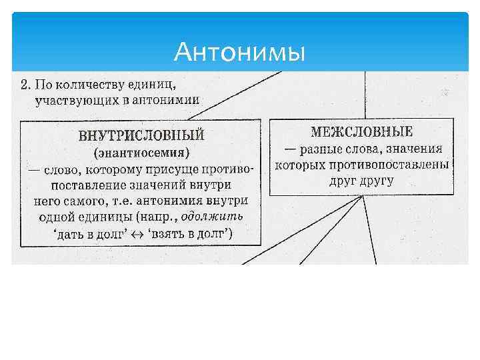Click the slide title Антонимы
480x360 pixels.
(x=239, y=51)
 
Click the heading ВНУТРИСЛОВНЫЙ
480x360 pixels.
(x=141, y=136)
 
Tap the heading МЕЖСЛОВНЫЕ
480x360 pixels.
(x=362, y=131)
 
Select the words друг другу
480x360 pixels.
(x=361, y=180)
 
